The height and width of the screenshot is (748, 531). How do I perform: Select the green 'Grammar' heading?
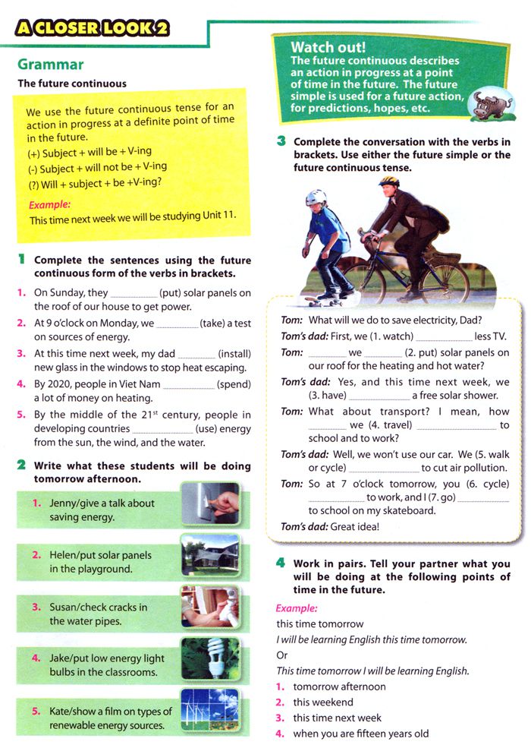pos(50,65)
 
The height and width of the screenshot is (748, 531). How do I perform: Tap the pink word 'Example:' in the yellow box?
pos(49,204)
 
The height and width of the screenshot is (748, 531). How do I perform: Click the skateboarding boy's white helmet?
pos(317,198)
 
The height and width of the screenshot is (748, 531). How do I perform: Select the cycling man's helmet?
pos(389,182)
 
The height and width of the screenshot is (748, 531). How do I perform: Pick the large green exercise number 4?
pos(280,563)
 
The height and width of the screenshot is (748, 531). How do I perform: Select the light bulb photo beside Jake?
pos(210,658)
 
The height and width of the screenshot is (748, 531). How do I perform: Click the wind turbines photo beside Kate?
pos(210,711)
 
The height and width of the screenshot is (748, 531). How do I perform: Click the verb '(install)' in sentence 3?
pos(234,354)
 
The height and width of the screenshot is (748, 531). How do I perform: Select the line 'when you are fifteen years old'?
pos(360,734)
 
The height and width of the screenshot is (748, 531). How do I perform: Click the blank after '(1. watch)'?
pos(444,336)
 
